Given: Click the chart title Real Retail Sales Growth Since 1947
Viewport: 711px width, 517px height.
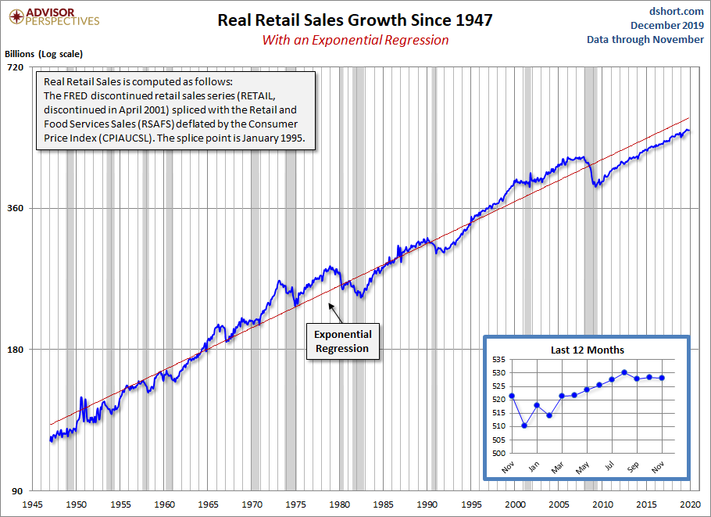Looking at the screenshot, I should coord(355,20).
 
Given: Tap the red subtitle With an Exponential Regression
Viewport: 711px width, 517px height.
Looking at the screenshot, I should coord(355,40).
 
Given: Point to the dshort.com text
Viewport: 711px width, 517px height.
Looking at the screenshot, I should coord(673,11).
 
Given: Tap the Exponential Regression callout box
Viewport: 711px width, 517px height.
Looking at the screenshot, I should coord(342,341).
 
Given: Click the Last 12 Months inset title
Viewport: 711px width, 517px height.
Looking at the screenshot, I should coord(588,350).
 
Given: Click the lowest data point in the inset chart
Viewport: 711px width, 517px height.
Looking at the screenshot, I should coord(524,425).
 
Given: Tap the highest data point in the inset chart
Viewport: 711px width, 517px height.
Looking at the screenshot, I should coord(624,372).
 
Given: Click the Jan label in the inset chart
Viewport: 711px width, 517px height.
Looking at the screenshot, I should coord(533,466).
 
